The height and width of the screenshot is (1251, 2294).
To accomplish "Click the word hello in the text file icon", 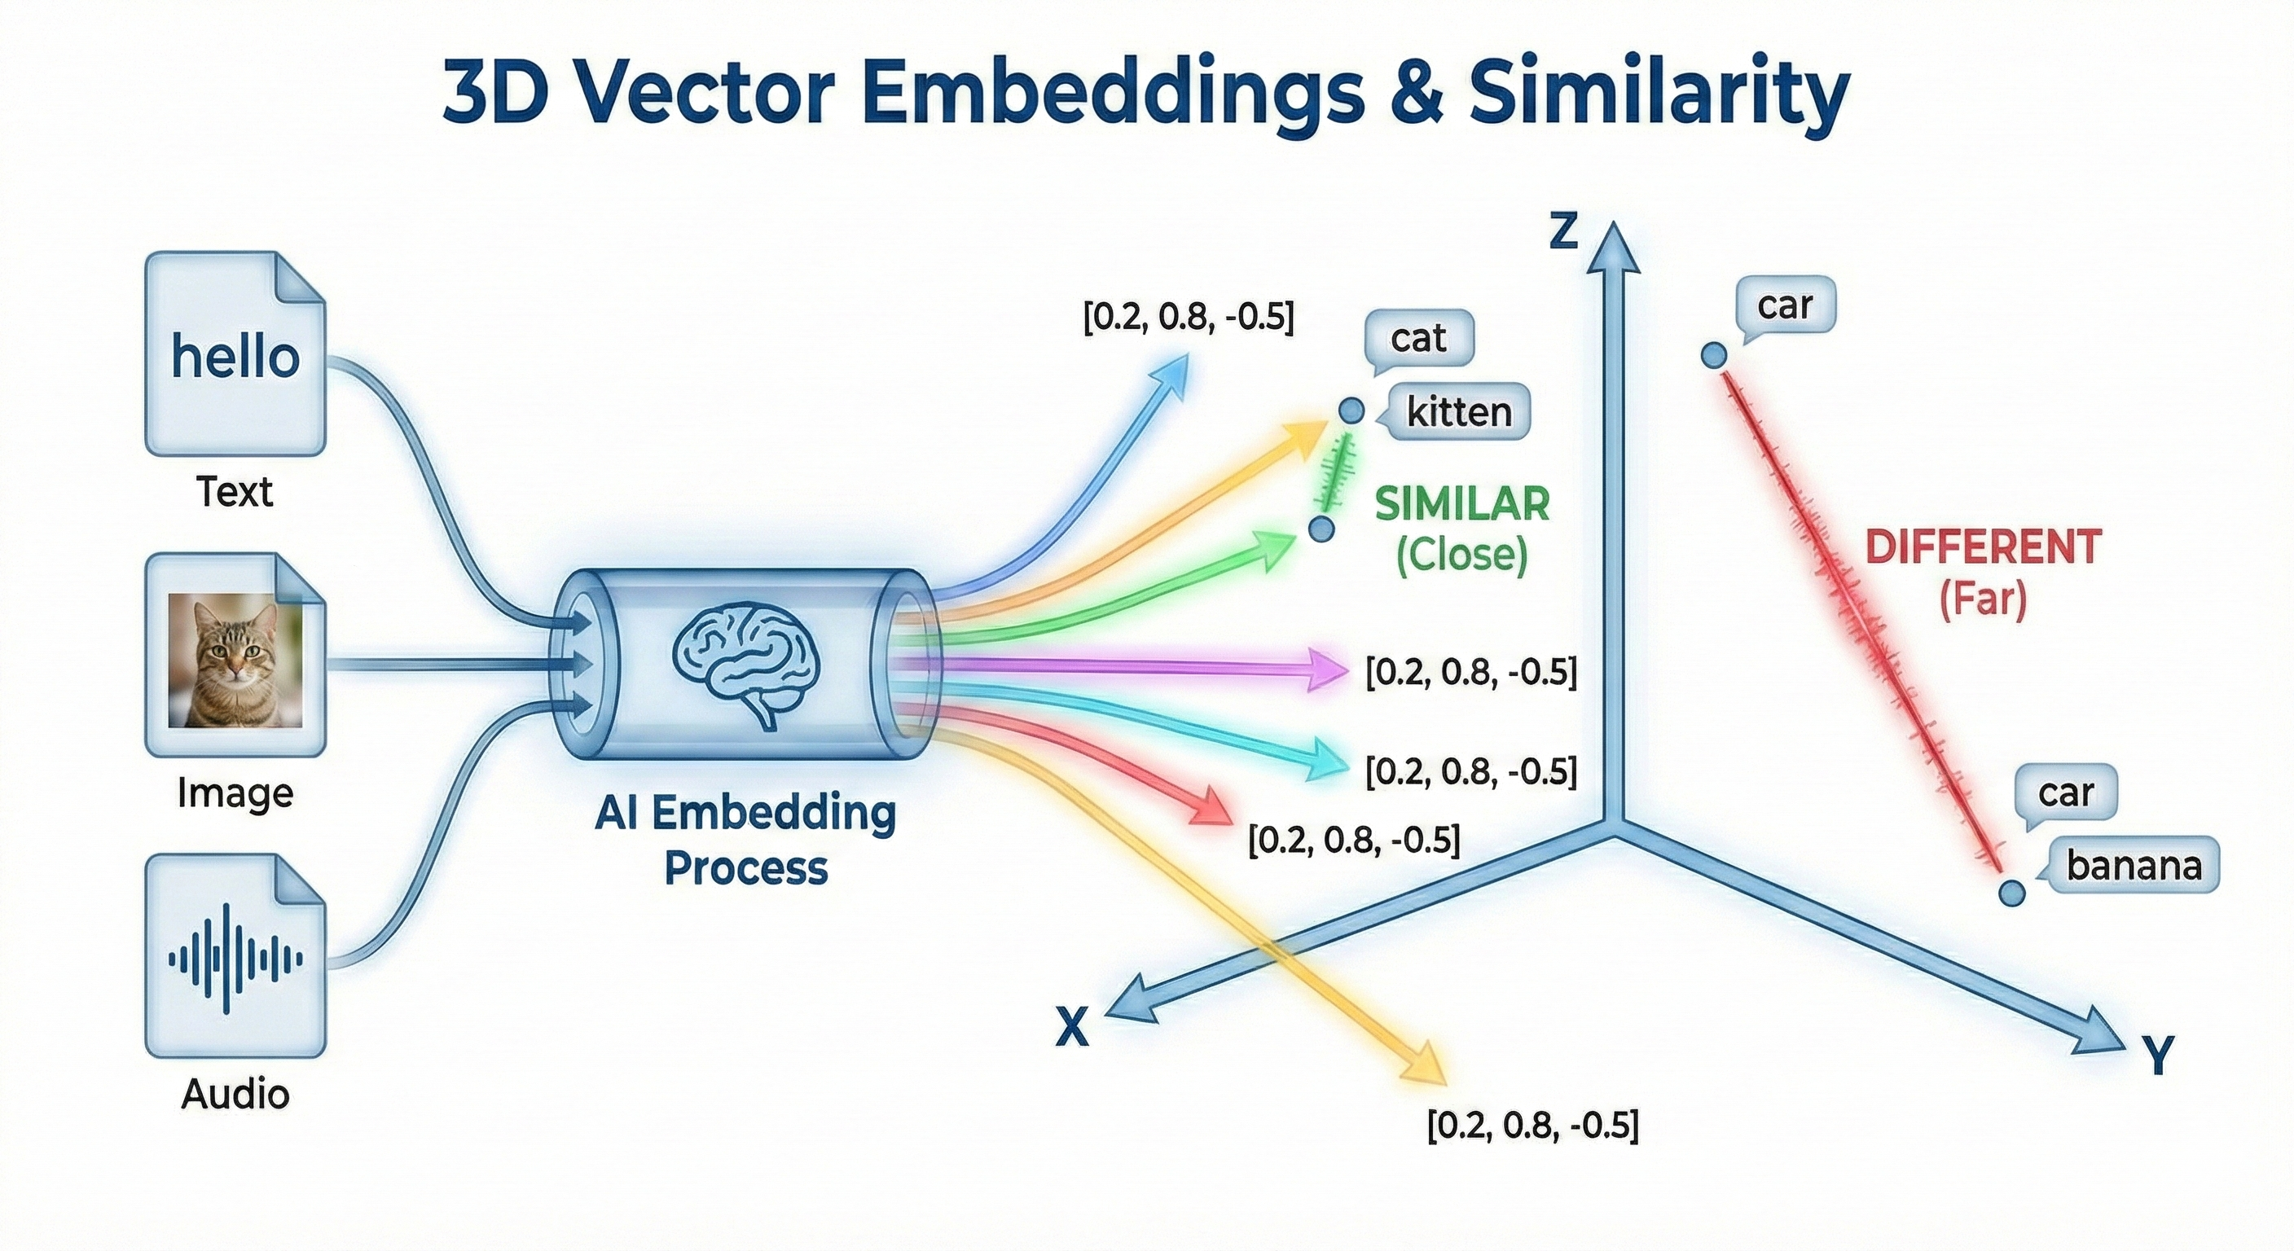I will point(235,358).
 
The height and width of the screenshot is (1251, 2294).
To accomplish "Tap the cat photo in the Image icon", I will point(235,660).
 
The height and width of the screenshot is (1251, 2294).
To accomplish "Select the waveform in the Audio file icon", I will point(235,958).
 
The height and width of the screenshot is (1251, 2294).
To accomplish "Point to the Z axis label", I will point(1564,231).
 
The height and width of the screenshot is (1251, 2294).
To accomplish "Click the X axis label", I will point(1072,1028).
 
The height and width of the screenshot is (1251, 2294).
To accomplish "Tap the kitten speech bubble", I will point(1459,412).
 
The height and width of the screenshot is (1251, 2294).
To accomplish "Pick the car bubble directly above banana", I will point(2065,792).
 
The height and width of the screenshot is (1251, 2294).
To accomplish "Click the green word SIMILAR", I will point(1462,505).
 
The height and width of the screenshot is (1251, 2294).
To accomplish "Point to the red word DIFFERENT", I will point(1983,546).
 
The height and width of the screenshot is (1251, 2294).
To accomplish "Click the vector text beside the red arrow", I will point(1354,840).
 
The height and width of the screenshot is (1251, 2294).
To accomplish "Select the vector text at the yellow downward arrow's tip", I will point(1532,1126).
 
